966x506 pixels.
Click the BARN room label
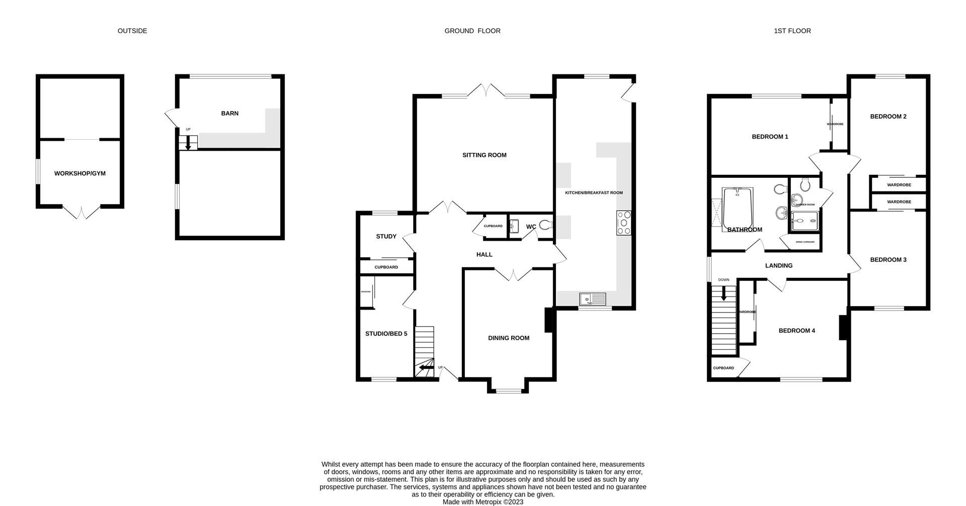(229, 114)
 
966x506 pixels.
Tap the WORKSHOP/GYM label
(80, 173)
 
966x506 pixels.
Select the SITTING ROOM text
(484, 155)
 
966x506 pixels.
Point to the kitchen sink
(593, 299)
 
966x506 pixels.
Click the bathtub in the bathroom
(737, 209)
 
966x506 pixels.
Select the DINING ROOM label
(508, 338)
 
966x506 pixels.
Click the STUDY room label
(386, 237)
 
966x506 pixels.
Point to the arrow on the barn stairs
(188, 144)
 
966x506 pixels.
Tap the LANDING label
(778, 266)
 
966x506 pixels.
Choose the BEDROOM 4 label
(796, 331)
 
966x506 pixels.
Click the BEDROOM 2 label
(888, 117)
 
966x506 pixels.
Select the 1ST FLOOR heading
(792, 31)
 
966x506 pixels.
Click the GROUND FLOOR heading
(472, 31)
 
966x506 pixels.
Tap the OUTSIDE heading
(132, 31)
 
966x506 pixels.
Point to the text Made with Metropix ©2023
(482, 501)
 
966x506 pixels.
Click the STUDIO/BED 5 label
(386, 334)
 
